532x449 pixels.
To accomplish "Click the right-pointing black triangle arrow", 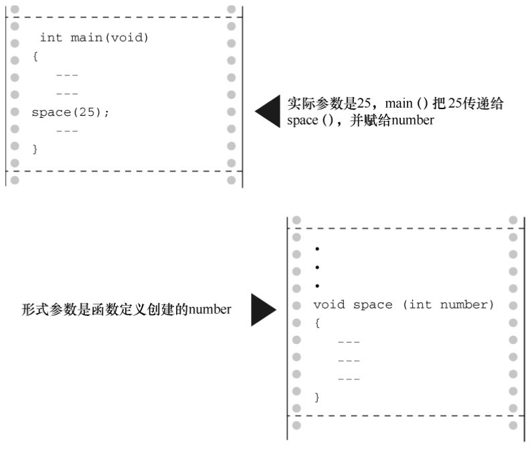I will tap(262, 310).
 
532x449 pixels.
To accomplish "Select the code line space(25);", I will tap(70, 112).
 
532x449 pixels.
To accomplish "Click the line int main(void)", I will tap(94, 38).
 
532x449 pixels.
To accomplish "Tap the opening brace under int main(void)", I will tap(35, 57).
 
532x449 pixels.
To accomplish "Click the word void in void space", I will tap(329, 305).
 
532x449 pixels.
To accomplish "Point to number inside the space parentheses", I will tap(467, 305).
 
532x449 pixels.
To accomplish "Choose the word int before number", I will tap(421, 305).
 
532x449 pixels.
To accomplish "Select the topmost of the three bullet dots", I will tap(317, 249).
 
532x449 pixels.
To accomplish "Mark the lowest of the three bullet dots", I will tap(317, 286).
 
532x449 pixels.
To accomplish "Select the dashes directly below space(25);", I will tap(67, 130).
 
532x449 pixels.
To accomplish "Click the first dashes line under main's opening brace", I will tap(67, 75).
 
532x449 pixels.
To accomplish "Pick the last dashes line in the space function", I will tap(349, 379).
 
